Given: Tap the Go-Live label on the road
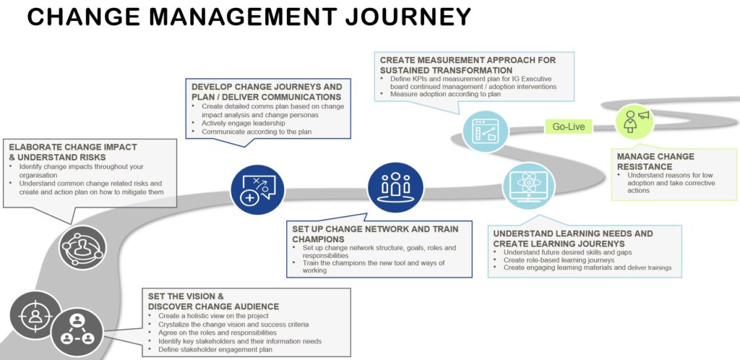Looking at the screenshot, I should click(x=568, y=127).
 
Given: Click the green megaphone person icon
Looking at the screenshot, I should click(x=633, y=121).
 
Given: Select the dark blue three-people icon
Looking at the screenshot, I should click(x=395, y=184).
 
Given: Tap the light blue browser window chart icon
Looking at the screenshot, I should click(x=486, y=130).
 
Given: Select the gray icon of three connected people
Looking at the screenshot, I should click(x=77, y=330).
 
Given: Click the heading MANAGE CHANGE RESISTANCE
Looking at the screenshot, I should click(x=655, y=161).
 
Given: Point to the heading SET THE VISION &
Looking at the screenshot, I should click(x=185, y=296).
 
